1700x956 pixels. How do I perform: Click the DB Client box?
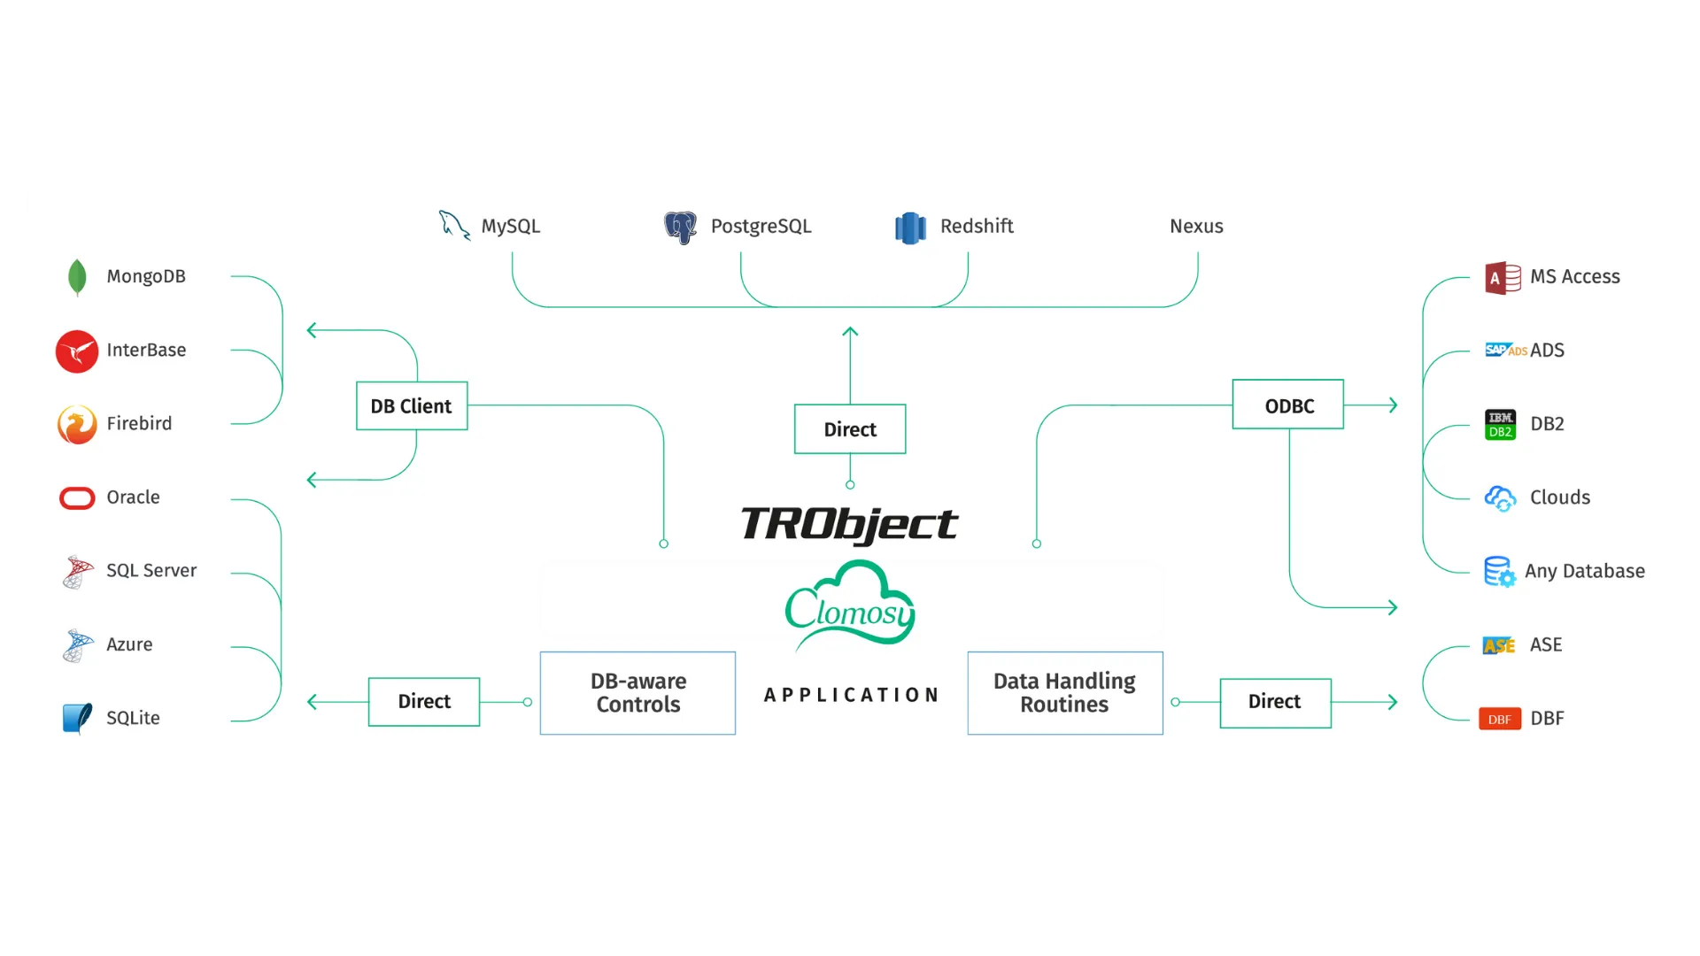pos(412,405)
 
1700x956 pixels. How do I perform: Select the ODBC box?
pos(1288,405)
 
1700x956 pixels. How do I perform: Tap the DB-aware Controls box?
pos(637,693)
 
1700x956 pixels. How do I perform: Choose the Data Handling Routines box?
pos(1065,693)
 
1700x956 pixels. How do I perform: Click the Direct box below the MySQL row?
pos(850,429)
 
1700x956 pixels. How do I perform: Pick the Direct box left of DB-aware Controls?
pos(424,702)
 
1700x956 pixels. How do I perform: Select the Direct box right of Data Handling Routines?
pos(1276,703)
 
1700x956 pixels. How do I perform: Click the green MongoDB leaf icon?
pos(77,277)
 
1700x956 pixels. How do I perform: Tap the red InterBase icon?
pos(77,351)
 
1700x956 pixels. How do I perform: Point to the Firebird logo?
pos(77,425)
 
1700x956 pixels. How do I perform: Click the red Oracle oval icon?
pos(77,498)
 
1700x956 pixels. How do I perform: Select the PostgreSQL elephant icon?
pos(681,227)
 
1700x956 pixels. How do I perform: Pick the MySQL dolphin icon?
pos(454,225)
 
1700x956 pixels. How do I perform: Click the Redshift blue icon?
pos(910,227)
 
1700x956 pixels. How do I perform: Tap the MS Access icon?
pos(1503,278)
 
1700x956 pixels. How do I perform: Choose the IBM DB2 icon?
pos(1500,425)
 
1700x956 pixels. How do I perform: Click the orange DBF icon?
pos(1500,719)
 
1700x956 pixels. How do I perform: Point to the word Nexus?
pos(1196,227)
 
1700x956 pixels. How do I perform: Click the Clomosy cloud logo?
pos(850,604)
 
